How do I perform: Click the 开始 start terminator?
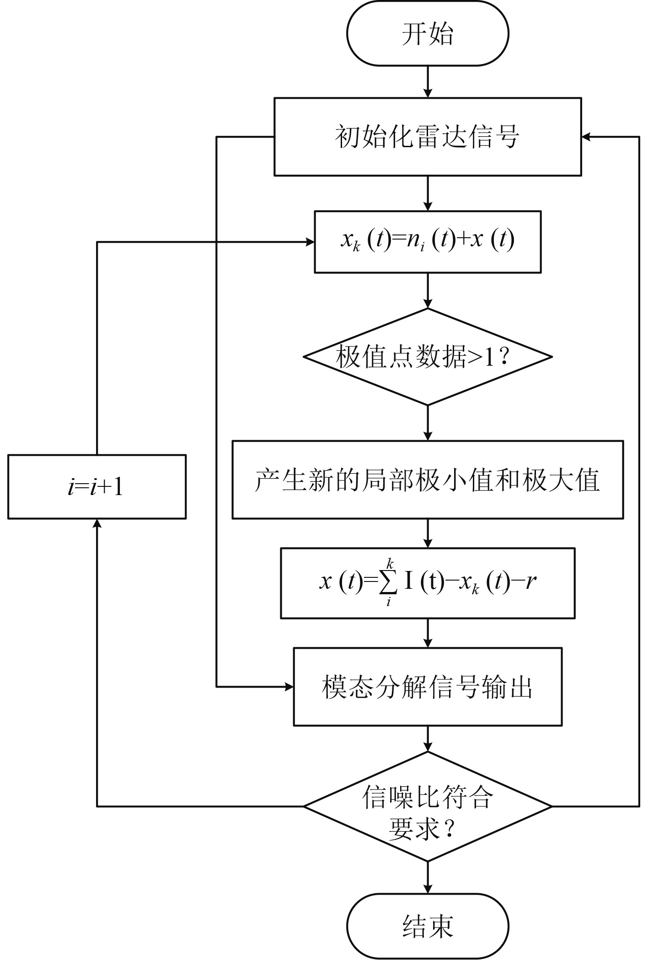tap(428, 34)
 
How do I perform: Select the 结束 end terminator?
tap(428, 926)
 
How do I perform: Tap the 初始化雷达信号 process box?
tap(428, 136)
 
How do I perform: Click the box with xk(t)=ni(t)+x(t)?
tap(428, 241)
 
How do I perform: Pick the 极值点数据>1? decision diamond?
tap(428, 357)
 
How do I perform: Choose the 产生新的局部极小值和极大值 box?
tap(428, 480)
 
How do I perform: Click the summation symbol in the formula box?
tap(388, 582)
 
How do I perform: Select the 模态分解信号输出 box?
tap(428, 687)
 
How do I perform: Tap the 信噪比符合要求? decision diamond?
tap(428, 806)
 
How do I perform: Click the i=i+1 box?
tap(97, 486)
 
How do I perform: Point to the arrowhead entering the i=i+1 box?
tap(97, 524)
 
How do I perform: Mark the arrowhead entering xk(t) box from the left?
tap(310, 242)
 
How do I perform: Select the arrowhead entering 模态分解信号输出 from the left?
tap(289, 687)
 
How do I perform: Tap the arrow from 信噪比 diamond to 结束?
tap(428, 877)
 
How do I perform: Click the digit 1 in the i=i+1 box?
tap(118, 487)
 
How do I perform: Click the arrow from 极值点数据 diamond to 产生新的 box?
tap(428, 422)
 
